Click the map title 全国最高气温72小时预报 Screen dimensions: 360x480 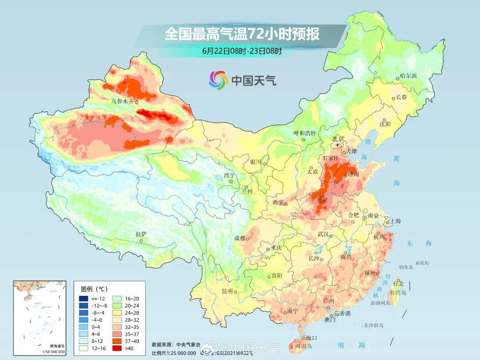pyautogui.click(x=242, y=34)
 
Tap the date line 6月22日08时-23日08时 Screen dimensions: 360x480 pyautogui.click(x=242, y=51)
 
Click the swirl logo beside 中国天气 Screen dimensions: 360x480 pyautogui.click(x=218, y=80)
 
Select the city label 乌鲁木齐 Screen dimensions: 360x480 pyautogui.click(x=122, y=101)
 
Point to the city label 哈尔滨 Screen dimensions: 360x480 pyautogui.click(x=408, y=76)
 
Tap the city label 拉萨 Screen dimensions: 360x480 pyautogui.click(x=141, y=234)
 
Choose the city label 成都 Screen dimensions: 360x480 pyautogui.click(x=240, y=238)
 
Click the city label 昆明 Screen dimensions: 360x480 pyautogui.click(x=227, y=291)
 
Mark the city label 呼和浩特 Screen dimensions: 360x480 pyautogui.click(x=304, y=133)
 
